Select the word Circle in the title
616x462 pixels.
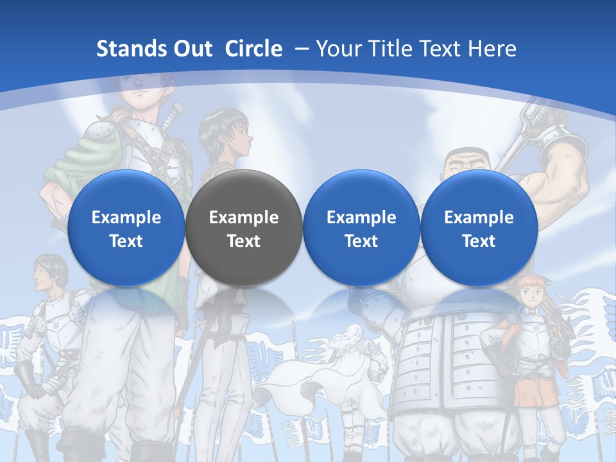coord(253,49)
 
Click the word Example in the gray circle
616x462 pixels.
coord(244,218)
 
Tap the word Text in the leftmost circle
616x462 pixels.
coord(126,241)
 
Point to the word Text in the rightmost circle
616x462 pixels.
coord(479,241)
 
